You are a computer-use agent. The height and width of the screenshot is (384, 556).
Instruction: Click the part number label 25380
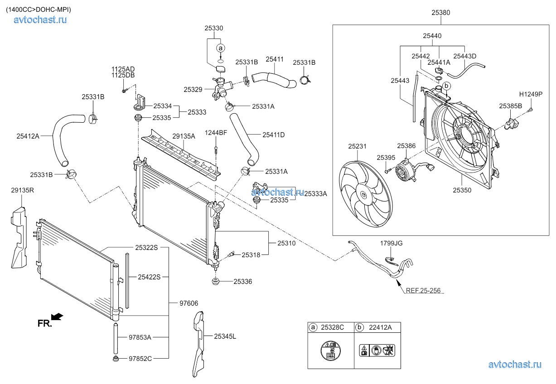(440, 13)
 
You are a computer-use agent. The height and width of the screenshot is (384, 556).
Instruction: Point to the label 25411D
(273, 134)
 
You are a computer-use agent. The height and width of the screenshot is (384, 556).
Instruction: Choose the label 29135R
(22, 191)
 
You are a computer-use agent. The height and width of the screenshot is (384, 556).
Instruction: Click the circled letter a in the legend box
(313, 327)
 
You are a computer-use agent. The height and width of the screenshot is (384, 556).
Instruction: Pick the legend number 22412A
(381, 327)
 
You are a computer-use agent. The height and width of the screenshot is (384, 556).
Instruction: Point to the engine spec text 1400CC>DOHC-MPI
(38, 9)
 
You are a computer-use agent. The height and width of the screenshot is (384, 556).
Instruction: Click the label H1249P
(531, 95)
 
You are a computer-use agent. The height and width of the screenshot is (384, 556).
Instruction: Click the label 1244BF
(216, 133)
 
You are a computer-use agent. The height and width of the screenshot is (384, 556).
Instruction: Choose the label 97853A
(140, 337)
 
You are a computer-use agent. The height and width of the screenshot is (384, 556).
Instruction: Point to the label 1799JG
(391, 243)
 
